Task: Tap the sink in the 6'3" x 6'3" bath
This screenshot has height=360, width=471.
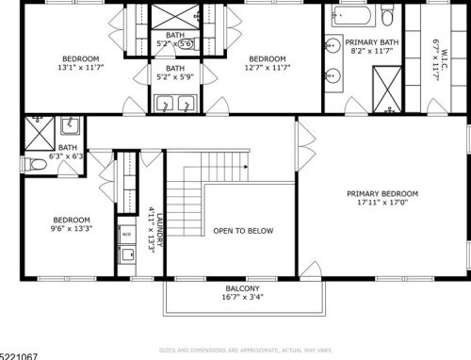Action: coord(70,124)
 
